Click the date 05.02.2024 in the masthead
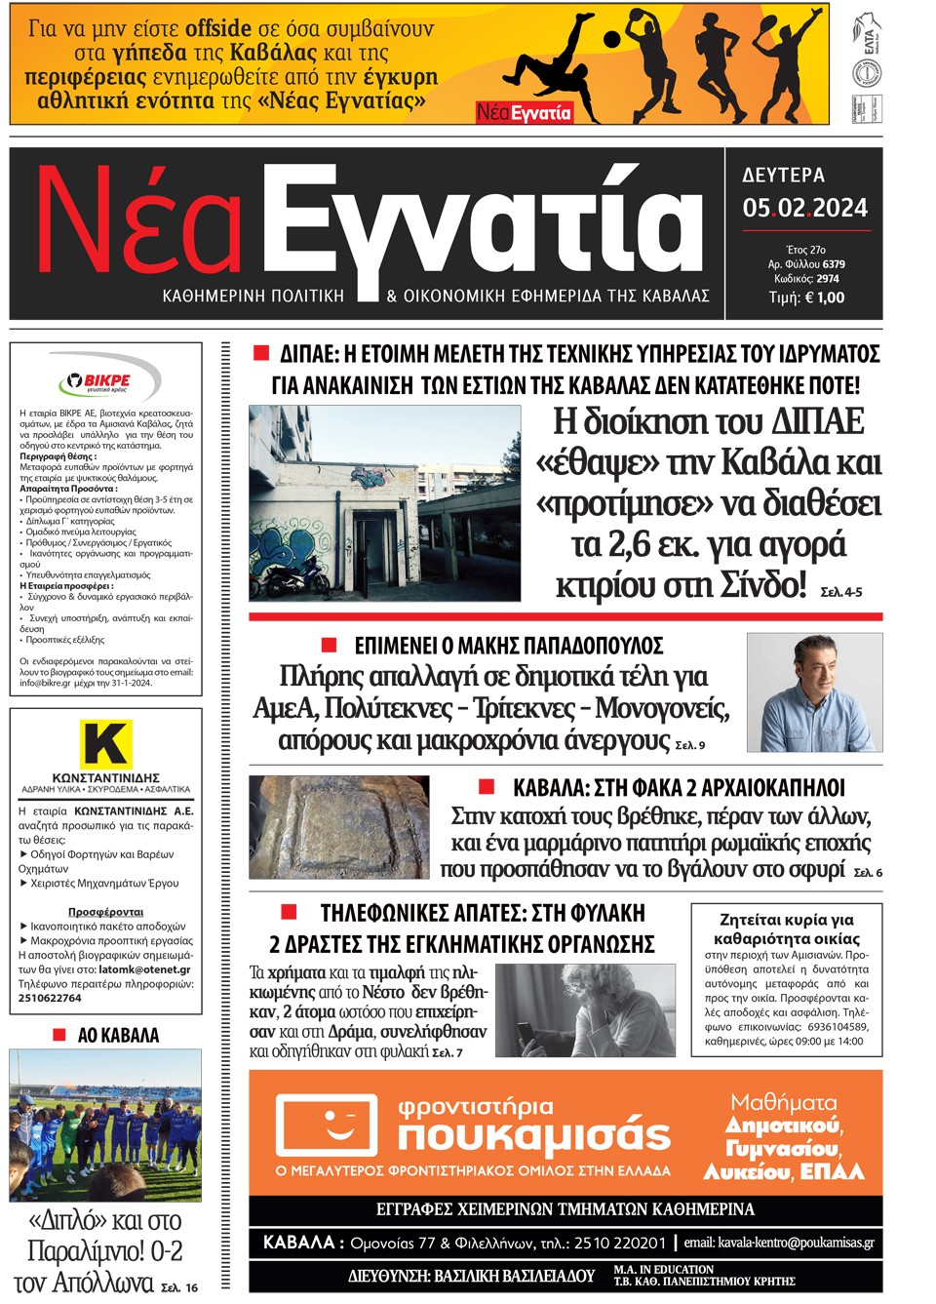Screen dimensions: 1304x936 (x=804, y=208)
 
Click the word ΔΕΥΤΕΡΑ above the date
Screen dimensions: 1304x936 (x=784, y=176)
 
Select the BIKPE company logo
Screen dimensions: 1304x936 (x=95, y=381)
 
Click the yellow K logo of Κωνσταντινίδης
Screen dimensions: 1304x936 (x=105, y=744)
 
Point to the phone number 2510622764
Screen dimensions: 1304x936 (x=50, y=998)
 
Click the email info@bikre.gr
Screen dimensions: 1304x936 (x=45, y=683)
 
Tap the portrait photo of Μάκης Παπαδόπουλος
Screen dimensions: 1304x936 (x=814, y=692)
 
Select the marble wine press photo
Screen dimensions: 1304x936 (x=338, y=827)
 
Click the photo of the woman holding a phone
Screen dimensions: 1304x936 (x=585, y=1010)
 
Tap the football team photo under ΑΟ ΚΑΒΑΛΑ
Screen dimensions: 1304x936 (x=105, y=1124)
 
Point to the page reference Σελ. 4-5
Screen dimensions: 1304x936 (x=841, y=592)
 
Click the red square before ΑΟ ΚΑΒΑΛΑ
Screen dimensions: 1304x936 (x=59, y=1034)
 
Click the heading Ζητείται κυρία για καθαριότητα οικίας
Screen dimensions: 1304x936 (x=786, y=929)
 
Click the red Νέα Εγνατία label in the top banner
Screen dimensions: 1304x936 (x=524, y=112)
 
